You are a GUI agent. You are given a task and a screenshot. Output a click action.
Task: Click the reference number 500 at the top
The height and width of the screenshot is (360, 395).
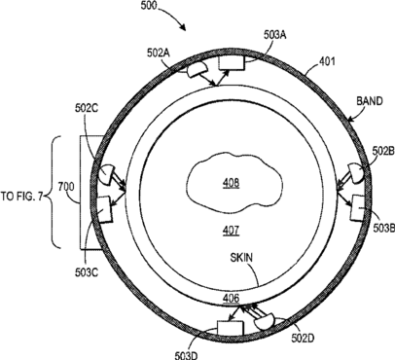(149, 6)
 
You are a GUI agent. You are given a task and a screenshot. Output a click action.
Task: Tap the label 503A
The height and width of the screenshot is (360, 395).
(274, 35)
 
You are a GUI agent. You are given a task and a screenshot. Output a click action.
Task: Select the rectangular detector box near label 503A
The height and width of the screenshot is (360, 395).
(232, 62)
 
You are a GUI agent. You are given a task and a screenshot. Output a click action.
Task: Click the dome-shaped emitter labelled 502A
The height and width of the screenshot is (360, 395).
(196, 70)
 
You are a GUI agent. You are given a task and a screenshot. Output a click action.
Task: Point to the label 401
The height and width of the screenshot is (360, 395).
(327, 61)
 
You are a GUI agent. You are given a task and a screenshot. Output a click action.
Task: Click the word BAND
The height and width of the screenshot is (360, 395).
(370, 101)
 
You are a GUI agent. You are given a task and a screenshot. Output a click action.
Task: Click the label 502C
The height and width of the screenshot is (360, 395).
(87, 107)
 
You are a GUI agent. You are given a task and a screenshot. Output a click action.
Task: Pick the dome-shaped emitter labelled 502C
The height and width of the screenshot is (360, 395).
(107, 174)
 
